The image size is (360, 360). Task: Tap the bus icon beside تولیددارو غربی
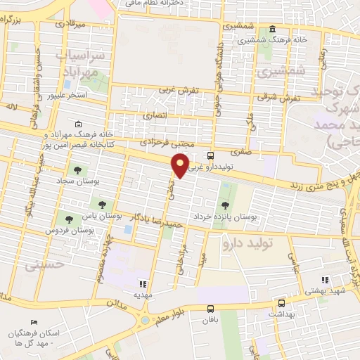pyautogui.click(x=211, y=155)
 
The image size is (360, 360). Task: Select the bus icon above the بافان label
pyautogui.click(x=210, y=309)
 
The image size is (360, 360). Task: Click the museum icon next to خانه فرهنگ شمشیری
pyautogui.click(x=272, y=29)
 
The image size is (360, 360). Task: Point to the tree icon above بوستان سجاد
pyautogui.click(x=77, y=169)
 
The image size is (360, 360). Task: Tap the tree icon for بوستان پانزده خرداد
pyautogui.click(x=225, y=205)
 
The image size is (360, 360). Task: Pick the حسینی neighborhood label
pyautogui.click(x=44, y=265)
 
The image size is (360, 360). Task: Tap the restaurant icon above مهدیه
pyautogui.click(x=143, y=284)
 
